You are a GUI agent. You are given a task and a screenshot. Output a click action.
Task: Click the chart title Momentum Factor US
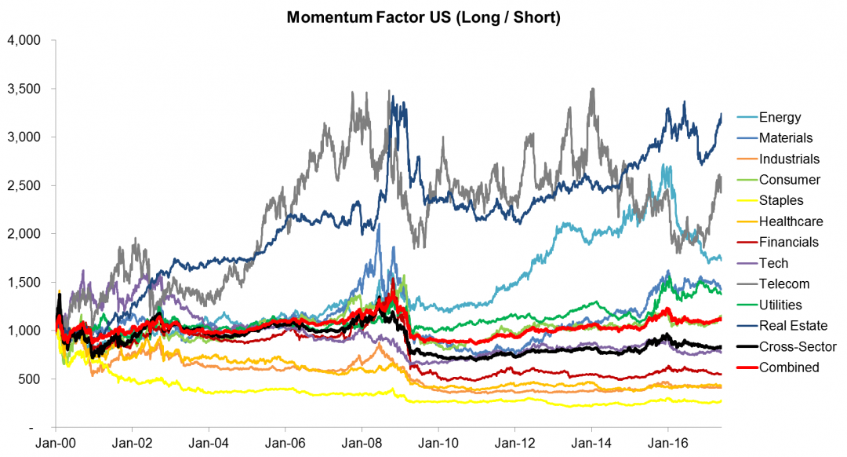pos(423,17)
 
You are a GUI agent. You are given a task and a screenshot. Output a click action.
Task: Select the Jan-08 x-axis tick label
pos(362,441)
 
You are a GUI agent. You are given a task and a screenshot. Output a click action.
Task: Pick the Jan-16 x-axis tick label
pos(667,441)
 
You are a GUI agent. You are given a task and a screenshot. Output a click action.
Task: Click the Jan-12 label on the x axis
pos(514,441)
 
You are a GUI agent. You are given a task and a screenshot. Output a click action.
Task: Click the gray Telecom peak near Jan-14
pos(592,89)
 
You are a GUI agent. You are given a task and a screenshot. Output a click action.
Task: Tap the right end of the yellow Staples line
pos(720,401)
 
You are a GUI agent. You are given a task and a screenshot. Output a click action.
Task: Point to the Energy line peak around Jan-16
pos(665,166)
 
